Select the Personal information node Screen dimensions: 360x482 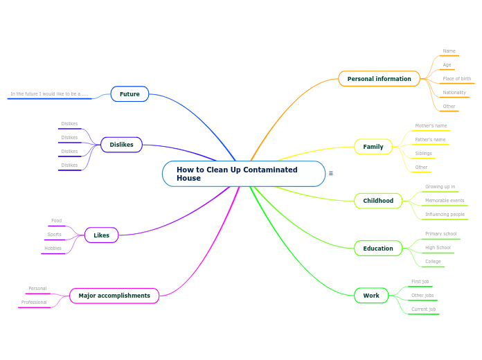(x=379, y=79)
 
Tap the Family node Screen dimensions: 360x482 (x=373, y=147)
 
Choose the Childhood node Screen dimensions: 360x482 (x=378, y=201)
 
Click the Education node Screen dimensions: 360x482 (x=377, y=249)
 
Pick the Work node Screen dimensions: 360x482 (x=371, y=296)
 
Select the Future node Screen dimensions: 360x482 (x=130, y=94)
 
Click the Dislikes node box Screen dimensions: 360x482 (x=121, y=145)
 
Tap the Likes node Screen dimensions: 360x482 (x=101, y=235)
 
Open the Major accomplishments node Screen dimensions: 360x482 (x=114, y=296)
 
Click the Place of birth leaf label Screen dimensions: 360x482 (x=456, y=79)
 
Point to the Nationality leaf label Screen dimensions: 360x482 (x=454, y=93)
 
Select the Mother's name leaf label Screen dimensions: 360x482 (x=431, y=126)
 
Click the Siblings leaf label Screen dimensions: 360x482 (x=423, y=154)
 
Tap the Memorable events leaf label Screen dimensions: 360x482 (x=445, y=201)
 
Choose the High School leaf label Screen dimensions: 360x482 (x=438, y=248)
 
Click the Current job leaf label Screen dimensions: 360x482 (x=423, y=309)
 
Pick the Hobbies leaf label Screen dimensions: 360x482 (x=53, y=249)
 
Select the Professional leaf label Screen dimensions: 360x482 (x=34, y=303)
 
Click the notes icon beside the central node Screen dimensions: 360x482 (x=330, y=173)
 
